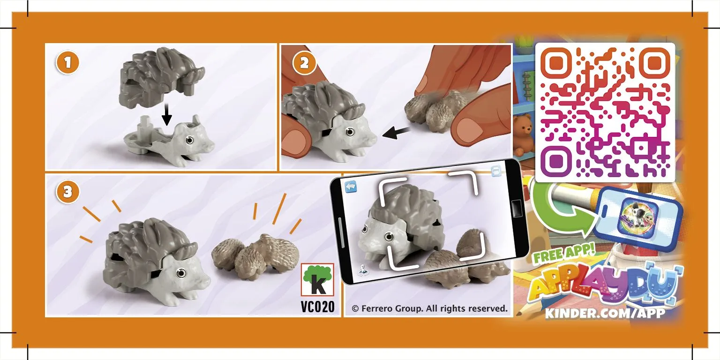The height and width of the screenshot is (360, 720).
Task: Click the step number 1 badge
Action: pos(67,63)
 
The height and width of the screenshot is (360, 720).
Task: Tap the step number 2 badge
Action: pos(304,63)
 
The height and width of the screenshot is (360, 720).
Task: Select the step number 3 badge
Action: pos(67,192)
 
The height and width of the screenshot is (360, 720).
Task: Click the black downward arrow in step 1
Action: pos(166,114)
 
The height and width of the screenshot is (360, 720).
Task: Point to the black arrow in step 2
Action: pos(396,133)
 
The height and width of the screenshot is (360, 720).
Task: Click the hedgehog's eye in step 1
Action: pos(190,140)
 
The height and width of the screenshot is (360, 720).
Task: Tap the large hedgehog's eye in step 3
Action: pos(181,273)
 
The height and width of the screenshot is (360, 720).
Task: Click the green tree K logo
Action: pos(317,280)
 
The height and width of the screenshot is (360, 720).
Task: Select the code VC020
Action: pos(317,307)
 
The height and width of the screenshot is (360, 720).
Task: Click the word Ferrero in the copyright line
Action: pos(377,308)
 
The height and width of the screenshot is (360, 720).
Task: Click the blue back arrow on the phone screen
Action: pos(351,187)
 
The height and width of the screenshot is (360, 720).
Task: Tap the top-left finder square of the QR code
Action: pos(556,63)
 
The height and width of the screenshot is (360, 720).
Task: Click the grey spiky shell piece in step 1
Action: pos(161,79)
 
